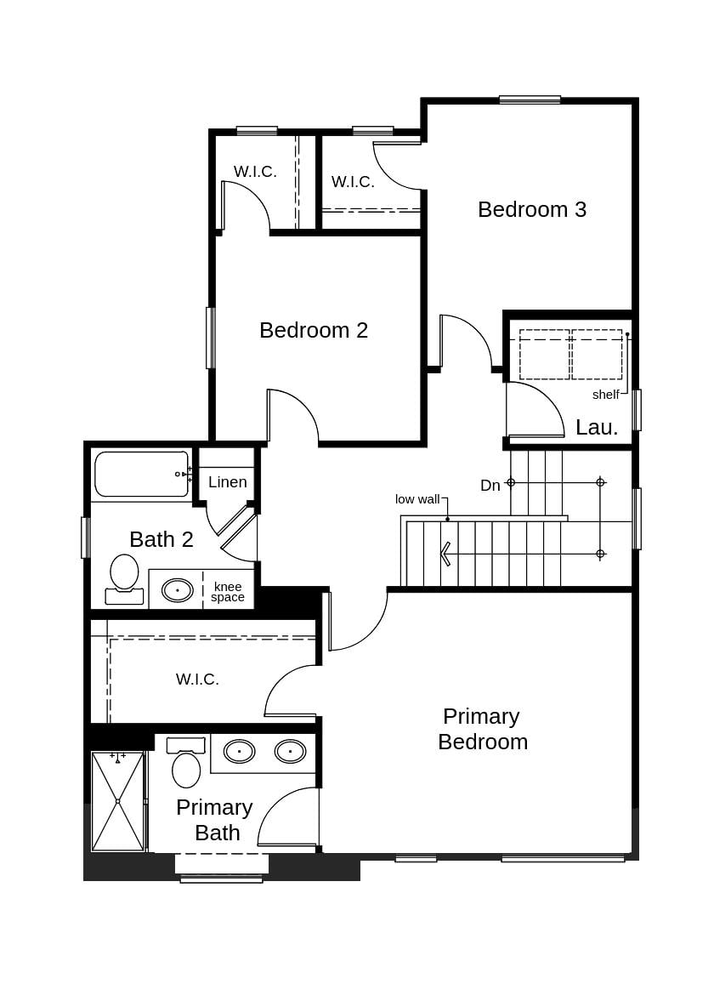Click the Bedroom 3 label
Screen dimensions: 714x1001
(532, 209)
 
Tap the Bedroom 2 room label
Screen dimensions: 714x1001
(314, 330)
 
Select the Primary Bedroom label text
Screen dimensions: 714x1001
(482, 729)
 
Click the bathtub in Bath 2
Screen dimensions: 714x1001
(141, 474)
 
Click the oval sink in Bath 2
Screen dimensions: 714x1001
(178, 589)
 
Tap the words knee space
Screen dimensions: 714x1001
(228, 592)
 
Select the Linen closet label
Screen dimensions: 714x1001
(228, 482)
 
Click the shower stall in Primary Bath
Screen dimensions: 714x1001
(117, 800)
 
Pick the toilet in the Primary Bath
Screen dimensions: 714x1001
(186, 764)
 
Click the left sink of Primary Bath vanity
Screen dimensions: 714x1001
(239, 751)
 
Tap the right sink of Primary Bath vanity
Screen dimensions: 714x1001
(290, 751)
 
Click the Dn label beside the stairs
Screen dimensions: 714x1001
(490, 486)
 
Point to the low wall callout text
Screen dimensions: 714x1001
(417, 499)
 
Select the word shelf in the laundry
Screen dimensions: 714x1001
(606, 395)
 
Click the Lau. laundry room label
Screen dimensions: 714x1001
(597, 428)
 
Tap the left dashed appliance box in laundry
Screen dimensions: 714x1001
(545, 355)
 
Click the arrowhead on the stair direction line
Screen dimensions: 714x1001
(445, 554)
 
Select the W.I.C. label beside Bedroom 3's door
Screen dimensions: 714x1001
(353, 182)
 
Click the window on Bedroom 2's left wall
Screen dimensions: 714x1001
(210, 338)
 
